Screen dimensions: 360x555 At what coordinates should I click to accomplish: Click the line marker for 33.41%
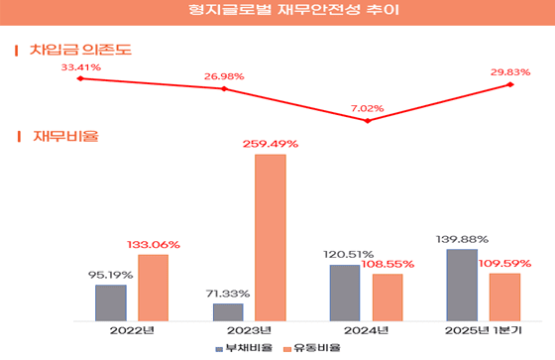coord(79,77)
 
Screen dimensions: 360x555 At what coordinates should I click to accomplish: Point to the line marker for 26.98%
coord(225,89)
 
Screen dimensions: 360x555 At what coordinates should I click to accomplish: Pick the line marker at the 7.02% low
coord(368,121)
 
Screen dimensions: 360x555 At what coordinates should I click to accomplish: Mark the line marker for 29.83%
coord(510,84)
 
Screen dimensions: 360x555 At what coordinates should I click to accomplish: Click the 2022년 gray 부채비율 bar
coord(111,302)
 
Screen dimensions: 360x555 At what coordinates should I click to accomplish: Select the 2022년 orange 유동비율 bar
coord(154,288)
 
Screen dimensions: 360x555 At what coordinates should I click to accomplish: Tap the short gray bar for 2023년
coord(228,311)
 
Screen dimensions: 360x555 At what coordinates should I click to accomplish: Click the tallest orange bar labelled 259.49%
coord(271,237)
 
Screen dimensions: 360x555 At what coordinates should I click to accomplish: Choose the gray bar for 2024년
coord(345,293)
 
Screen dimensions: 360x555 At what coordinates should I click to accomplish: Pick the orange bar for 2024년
coord(388,297)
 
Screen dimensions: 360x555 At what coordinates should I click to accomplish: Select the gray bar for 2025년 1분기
coord(462,285)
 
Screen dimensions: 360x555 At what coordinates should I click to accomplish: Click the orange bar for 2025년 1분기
coord(504,297)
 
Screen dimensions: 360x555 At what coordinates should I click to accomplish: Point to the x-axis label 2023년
coord(249,330)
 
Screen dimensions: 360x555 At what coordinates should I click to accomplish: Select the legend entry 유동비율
coord(315,348)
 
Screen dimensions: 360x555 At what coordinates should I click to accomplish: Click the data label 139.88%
coord(462,239)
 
